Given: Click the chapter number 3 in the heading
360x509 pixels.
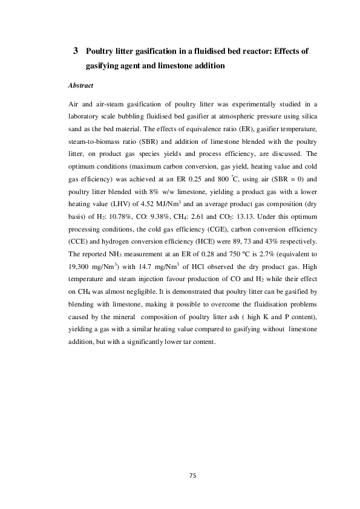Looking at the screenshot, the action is [76, 51].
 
